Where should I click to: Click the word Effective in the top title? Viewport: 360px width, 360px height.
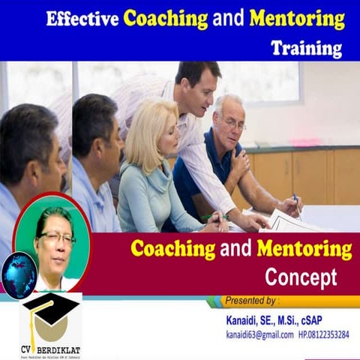click(82, 19)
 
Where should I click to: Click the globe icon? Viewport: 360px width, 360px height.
click(19, 274)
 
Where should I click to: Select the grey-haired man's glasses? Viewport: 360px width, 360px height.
click(234, 124)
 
